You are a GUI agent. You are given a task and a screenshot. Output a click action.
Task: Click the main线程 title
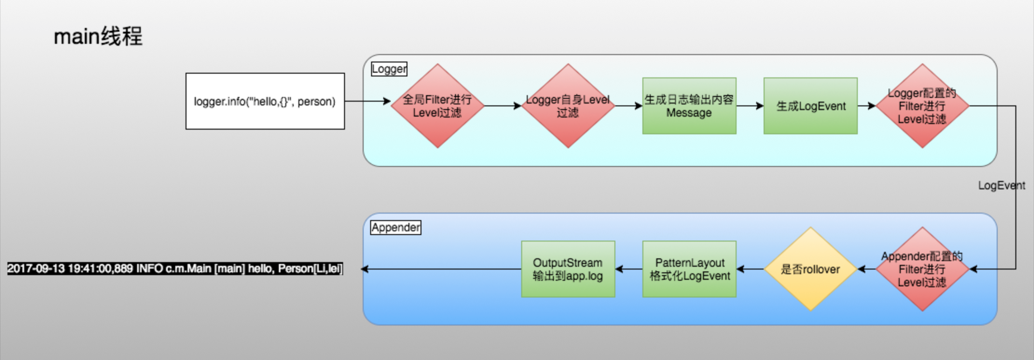coord(98,36)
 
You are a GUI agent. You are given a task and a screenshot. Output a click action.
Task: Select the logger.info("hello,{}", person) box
coord(265,101)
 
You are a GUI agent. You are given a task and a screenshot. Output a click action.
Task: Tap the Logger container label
coord(389,69)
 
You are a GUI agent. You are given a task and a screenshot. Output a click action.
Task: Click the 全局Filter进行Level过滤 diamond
coord(437,106)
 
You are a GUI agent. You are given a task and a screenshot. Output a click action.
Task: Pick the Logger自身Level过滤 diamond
coord(568,106)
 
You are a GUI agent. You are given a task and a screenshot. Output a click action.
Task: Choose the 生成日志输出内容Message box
coord(689,106)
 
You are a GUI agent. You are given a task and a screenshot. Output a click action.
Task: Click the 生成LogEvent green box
coord(810,106)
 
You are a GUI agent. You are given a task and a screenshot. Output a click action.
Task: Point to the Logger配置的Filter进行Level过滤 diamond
coord(922,106)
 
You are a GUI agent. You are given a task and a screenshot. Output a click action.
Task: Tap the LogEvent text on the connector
coord(1001,186)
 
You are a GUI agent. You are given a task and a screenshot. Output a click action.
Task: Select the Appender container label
coord(396,228)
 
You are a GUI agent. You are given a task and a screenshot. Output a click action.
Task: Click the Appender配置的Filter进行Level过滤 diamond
coord(922,269)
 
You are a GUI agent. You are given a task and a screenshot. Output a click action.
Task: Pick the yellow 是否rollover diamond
coord(810,269)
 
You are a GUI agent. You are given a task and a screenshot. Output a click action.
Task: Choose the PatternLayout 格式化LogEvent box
coord(689,269)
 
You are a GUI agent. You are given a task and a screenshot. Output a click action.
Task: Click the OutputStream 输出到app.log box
coord(568,269)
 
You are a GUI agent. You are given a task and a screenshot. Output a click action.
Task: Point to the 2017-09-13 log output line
coord(175,269)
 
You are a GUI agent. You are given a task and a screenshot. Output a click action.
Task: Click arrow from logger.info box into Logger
coord(367,101)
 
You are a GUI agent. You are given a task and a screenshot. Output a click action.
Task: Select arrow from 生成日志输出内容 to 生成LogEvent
coord(750,106)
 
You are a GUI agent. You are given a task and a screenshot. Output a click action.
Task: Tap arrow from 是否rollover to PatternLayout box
coord(750,269)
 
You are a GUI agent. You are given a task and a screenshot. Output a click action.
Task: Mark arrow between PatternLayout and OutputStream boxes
coord(628,269)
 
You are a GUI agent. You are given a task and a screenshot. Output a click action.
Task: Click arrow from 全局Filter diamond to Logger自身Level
coord(503,106)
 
